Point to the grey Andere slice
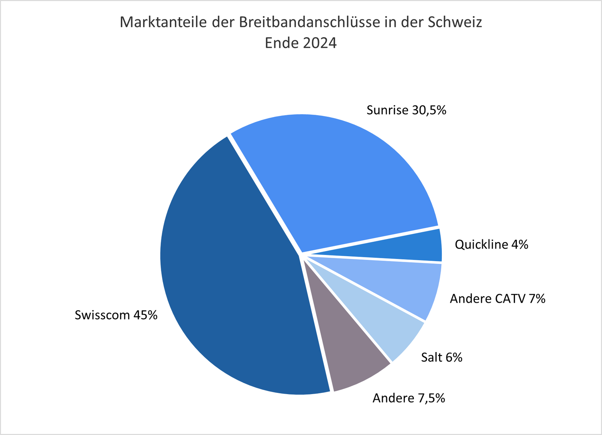345,353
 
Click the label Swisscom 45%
116,315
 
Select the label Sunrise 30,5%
406,110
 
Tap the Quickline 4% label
491,245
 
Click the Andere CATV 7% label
497,299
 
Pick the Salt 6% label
441,357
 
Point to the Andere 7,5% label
409,398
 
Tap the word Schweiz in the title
455,22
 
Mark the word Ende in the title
280,43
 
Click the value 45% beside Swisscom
145,315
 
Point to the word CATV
510,299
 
